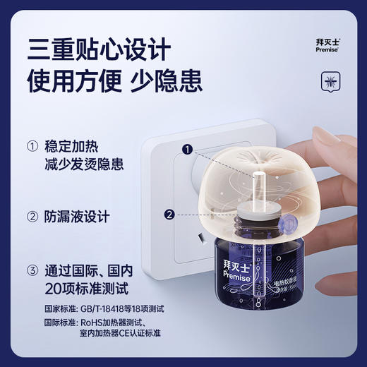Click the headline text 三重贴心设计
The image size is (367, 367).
(99, 51)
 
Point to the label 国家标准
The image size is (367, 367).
(42, 308)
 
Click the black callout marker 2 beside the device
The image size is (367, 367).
(169, 215)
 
